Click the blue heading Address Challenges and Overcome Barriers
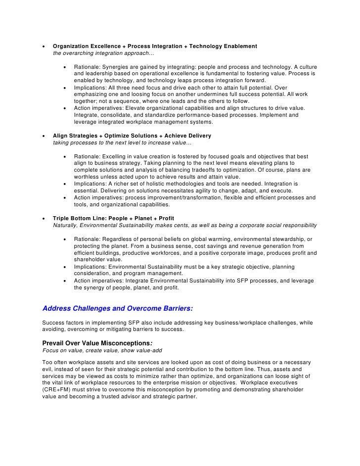tap(118, 308)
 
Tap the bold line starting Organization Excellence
tap(155, 46)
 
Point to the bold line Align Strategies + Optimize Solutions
tap(132, 136)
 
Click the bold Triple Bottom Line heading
tap(113, 218)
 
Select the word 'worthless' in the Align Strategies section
tap(88, 177)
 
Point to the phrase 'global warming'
tap(209, 239)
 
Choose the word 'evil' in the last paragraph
tap(48, 369)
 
